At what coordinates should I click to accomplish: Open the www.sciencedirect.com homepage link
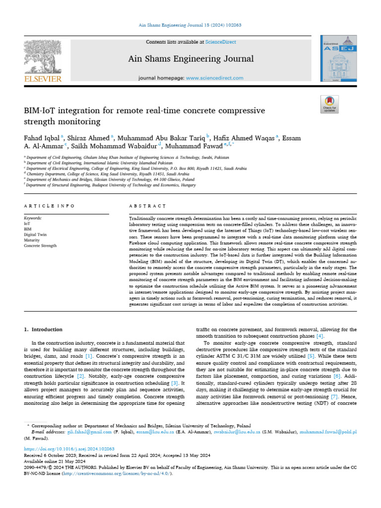pyautogui.click(x=215, y=78)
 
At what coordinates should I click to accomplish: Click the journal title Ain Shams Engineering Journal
pyautogui.click(x=190, y=59)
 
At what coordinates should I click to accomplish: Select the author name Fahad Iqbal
pyautogui.click(x=42, y=137)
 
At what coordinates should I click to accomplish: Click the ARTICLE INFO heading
pyautogui.click(x=49, y=205)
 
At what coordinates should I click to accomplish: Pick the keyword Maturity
pyautogui.click(x=32, y=240)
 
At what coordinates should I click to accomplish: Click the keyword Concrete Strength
pyautogui.click(x=40, y=246)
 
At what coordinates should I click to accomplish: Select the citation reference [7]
pyautogui.click(x=334, y=396)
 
